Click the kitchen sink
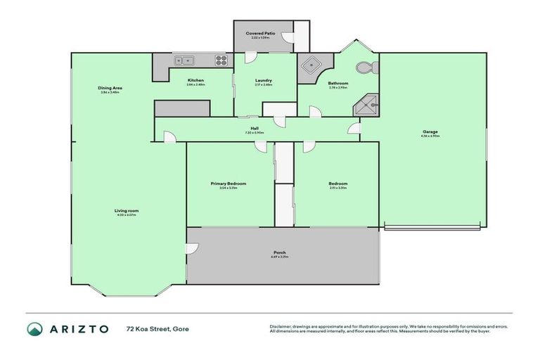click(x=185, y=60)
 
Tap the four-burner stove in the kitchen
click(x=221, y=60)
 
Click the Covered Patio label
click(x=259, y=34)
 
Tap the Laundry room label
click(x=264, y=80)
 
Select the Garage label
click(x=430, y=131)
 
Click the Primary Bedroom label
click(x=228, y=184)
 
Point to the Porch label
click(x=281, y=252)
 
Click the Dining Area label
click(x=110, y=88)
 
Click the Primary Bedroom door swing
click(x=260, y=146)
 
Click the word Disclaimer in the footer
click(x=281, y=326)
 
